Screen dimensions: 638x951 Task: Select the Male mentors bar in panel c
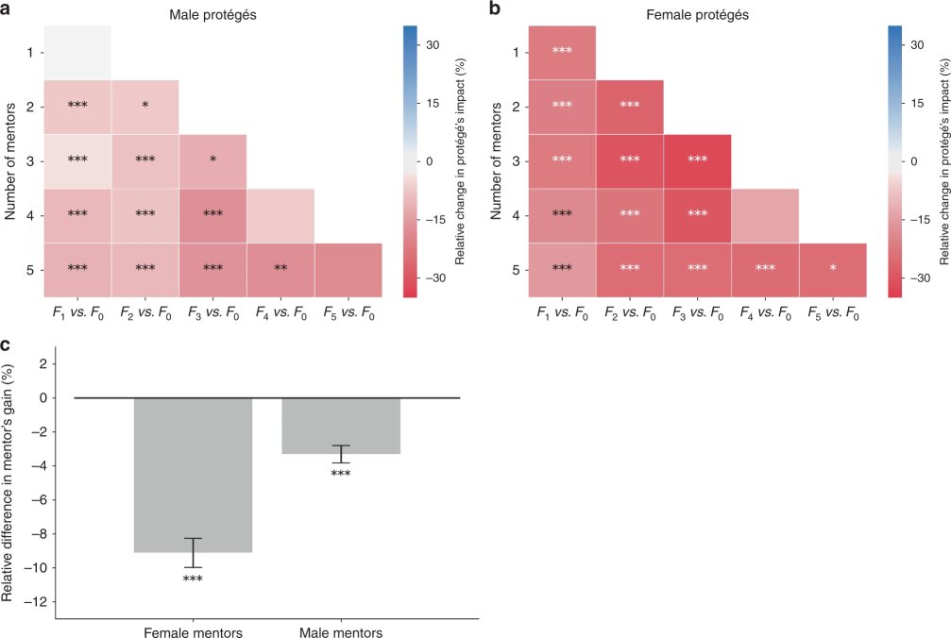[341, 426]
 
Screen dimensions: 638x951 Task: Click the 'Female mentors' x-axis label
[193, 631]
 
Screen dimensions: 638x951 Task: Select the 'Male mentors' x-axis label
[341, 631]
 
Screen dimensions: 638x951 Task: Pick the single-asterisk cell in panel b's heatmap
[833, 270]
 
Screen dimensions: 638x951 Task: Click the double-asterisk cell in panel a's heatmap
[280, 270]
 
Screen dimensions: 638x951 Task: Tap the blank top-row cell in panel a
[77, 53]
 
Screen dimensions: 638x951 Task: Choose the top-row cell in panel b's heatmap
[562, 53]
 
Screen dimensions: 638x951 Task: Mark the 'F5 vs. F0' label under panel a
[348, 313]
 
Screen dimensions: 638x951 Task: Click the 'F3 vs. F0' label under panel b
[697, 313]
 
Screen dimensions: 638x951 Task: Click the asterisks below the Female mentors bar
[193, 579]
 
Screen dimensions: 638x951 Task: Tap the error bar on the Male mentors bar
[341, 454]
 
